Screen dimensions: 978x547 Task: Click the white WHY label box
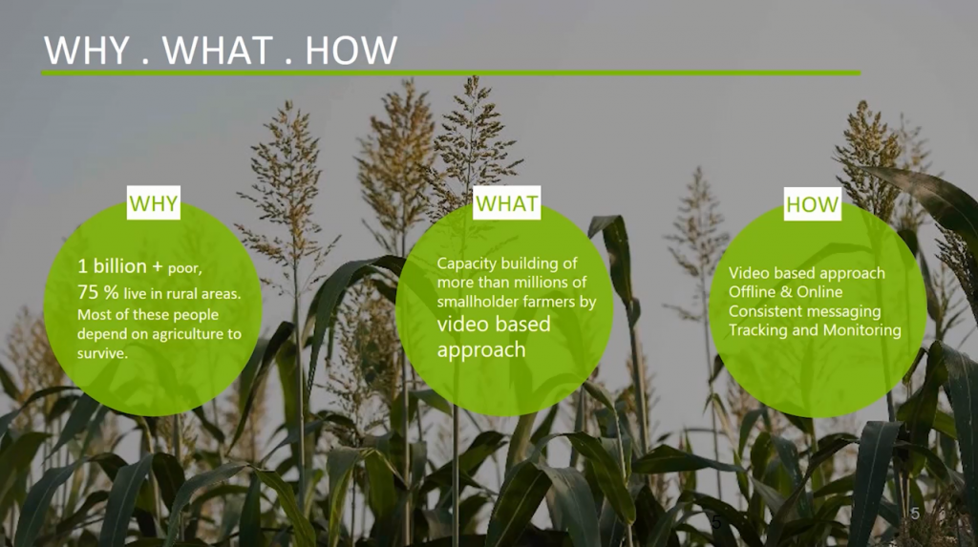[154, 202]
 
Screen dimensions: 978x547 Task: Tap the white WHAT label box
[506, 202]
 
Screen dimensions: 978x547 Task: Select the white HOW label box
[812, 204]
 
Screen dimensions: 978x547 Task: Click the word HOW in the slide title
[351, 51]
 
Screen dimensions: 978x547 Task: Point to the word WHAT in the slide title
[218, 51]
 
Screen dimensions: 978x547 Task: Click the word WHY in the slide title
[87, 51]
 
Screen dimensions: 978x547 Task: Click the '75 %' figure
[98, 292]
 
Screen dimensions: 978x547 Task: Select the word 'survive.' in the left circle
[102, 353]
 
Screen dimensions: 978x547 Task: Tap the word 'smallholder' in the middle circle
[475, 302]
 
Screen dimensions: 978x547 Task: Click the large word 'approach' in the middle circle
[481, 350]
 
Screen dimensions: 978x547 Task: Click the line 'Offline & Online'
[785, 292]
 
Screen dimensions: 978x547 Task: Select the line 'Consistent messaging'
[804, 311]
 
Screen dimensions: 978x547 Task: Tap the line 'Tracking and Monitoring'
[815, 330]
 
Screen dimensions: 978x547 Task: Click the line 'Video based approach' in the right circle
[806, 273]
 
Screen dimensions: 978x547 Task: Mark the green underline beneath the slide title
[451, 73]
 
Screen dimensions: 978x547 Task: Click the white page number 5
[915, 514]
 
